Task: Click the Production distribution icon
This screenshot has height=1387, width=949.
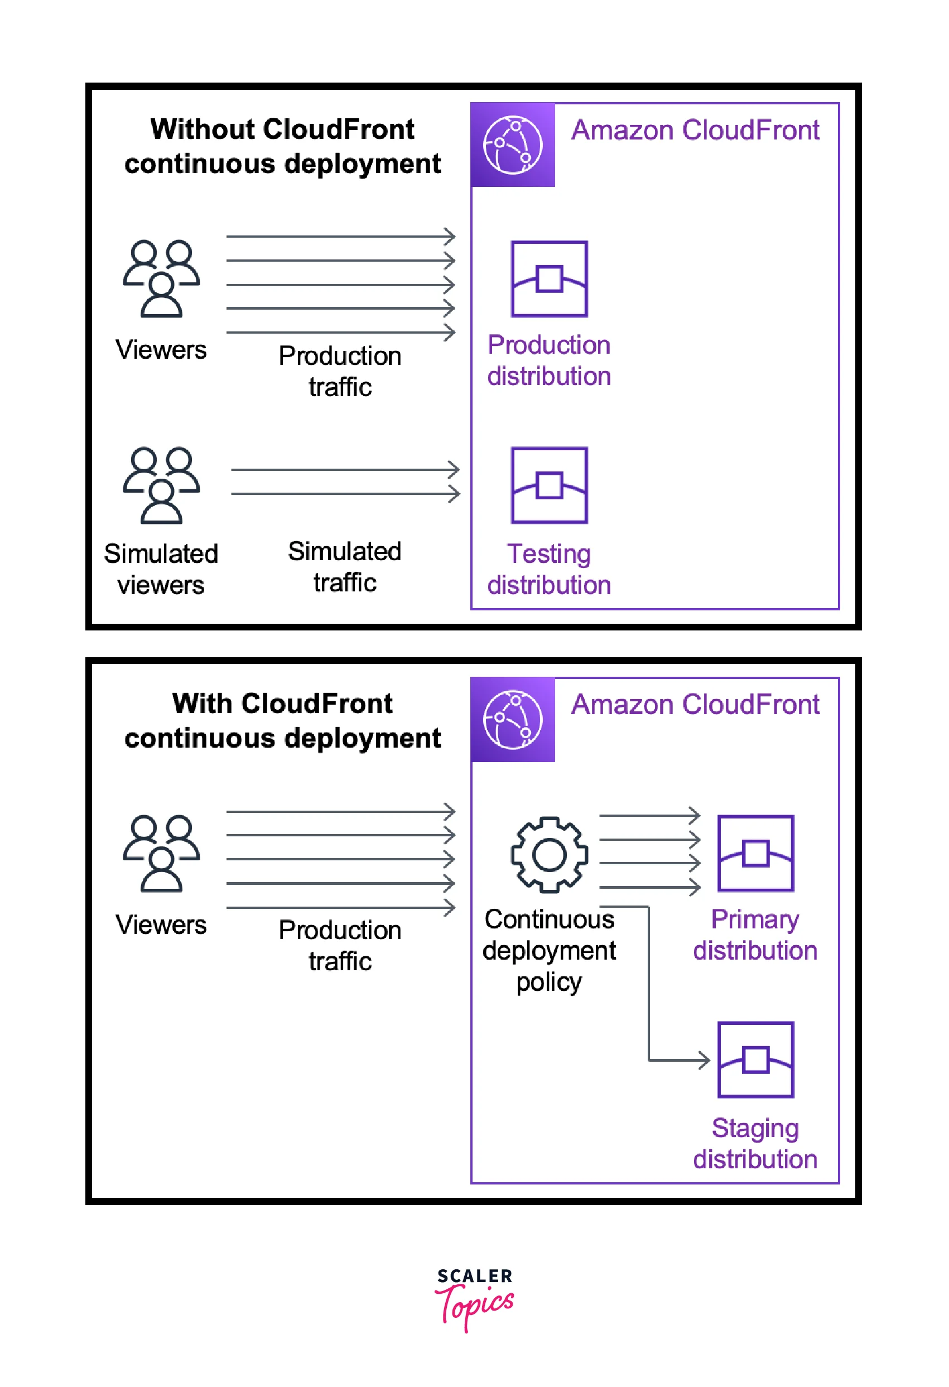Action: click(549, 279)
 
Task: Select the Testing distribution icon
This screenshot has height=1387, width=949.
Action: click(549, 485)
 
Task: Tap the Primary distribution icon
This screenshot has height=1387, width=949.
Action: click(755, 853)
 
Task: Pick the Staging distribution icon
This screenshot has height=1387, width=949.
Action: click(755, 1059)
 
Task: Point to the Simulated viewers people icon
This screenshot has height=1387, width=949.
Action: click(161, 485)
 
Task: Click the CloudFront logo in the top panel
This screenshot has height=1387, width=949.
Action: click(513, 145)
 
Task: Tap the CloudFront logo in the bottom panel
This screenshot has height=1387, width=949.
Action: click(513, 719)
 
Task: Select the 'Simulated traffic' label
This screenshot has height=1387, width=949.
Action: click(344, 566)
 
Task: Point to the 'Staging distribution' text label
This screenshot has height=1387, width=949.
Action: click(755, 1144)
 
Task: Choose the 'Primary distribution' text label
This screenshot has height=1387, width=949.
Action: click(755, 935)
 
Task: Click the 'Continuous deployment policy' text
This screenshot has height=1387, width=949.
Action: click(549, 950)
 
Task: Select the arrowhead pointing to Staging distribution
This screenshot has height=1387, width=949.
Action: click(704, 1060)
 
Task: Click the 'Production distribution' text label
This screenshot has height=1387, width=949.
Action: click(549, 360)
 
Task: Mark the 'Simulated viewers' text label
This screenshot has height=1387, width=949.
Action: click(161, 570)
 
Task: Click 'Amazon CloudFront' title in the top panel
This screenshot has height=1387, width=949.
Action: click(695, 130)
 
